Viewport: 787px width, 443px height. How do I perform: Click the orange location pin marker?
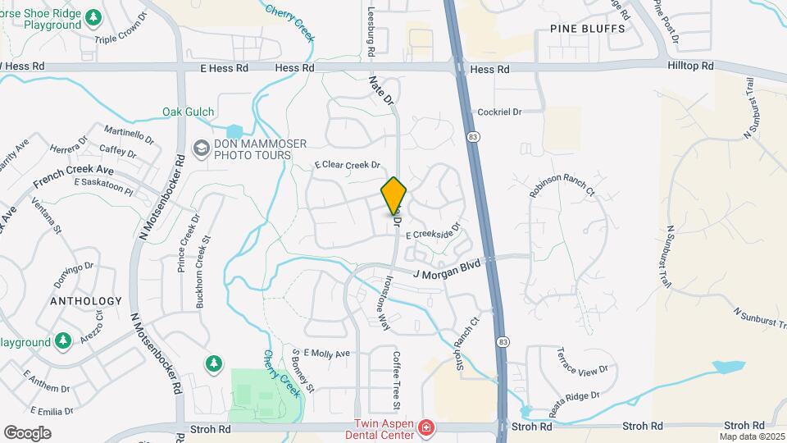click(393, 195)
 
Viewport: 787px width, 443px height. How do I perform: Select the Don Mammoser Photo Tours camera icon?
click(200, 148)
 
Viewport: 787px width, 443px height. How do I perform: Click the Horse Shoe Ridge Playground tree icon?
click(94, 16)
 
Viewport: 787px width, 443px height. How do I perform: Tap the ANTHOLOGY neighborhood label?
click(86, 301)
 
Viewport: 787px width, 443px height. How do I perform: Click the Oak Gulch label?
click(188, 112)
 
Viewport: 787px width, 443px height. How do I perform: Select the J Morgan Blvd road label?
click(446, 267)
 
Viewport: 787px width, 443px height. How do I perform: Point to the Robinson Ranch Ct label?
click(562, 187)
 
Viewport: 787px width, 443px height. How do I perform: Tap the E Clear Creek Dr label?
click(348, 164)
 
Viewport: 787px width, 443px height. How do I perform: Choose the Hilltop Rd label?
click(690, 65)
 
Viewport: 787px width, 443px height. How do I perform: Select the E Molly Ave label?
click(326, 354)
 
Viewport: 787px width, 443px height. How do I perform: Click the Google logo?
click(27, 432)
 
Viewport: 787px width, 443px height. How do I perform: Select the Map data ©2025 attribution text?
click(752, 436)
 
